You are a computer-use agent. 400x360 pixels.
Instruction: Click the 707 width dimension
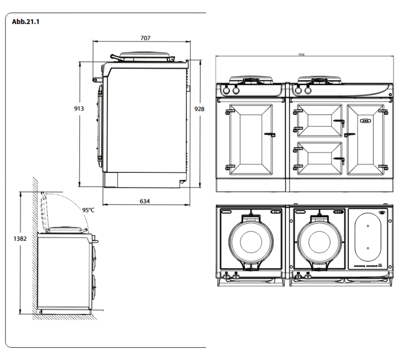tap(145, 38)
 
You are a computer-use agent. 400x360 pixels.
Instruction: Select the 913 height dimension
tap(79, 108)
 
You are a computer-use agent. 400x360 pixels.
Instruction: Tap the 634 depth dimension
tap(144, 201)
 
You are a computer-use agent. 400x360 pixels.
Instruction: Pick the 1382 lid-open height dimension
tap(19, 239)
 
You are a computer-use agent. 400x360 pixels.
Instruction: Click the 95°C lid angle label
tap(88, 210)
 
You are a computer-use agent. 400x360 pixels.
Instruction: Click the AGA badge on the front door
tap(365, 120)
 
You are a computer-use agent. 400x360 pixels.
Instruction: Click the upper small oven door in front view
tap(318, 120)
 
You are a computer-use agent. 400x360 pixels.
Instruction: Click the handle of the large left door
tap(270, 134)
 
